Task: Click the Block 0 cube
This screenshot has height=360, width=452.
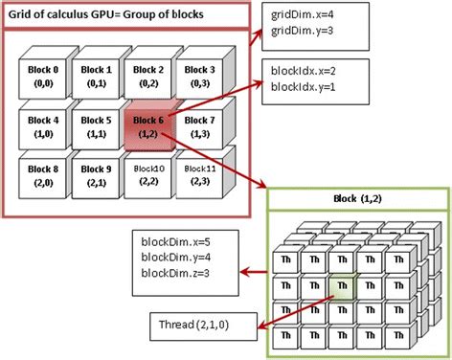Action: [x=41, y=78]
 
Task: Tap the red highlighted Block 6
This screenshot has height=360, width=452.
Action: [x=147, y=127]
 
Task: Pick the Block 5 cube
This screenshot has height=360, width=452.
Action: [x=94, y=128]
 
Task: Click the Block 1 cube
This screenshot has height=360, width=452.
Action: [x=94, y=78]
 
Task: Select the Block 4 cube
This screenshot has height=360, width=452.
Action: [x=41, y=128]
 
